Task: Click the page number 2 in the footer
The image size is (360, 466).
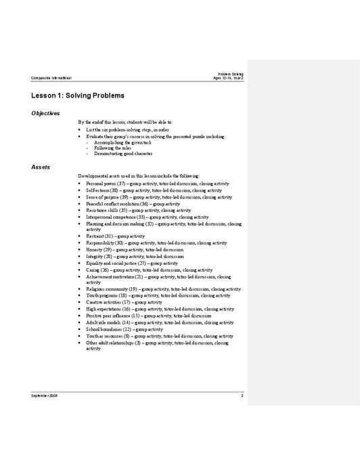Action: (x=242, y=394)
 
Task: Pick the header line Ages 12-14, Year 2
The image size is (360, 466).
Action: (x=228, y=78)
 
